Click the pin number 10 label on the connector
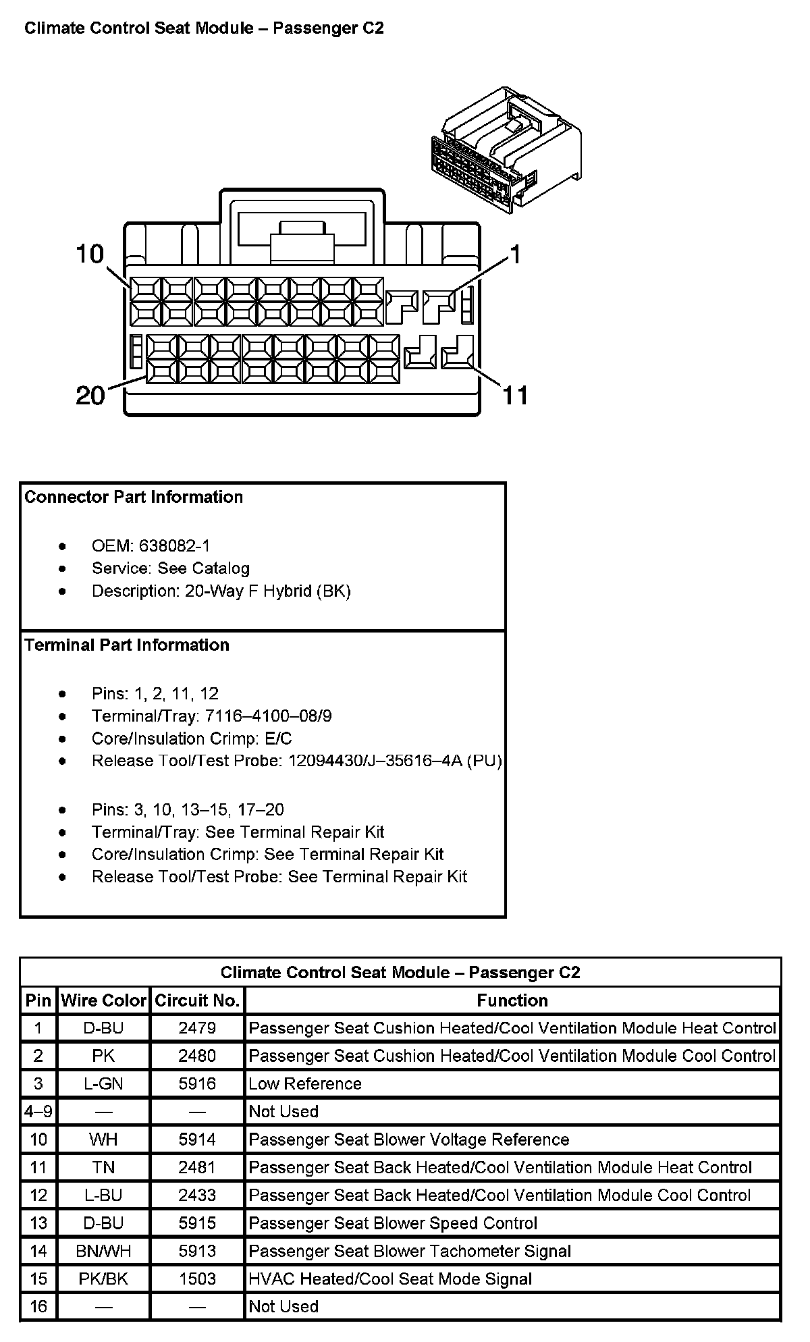pyautogui.click(x=90, y=254)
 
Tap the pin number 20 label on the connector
pyautogui.click(x=90, y=395)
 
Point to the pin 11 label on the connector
pyautogui.click(x=515, y=395)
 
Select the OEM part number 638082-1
pyautogui.click(x=175, y=546)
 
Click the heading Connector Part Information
pyautogui.click(x=134, y=498)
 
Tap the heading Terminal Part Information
pyautogui.click(x=127, y=645)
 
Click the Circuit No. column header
pyautogui.click(x=197, y=1000)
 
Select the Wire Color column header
pyautogui.click(x=103, y=1000)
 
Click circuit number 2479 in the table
pyautogui.click(x=197, y=1028)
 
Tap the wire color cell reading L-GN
pyautogui.click(x=103, y=1083)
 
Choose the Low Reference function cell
pyautogui.click(x=305, y=1083)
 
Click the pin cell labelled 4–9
pyautogui.click(x=38, y=1111)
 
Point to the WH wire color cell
pyautogui.click(x=103, y=1139)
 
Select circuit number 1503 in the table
pyautogui.click(x=197, y=1279)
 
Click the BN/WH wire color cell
pyautogui.click(x=103, y=1251)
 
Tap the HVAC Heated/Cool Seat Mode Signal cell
pyautogui.click(x=390, y=1279)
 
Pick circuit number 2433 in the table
pyautogui.click(x=197, y=1195)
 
